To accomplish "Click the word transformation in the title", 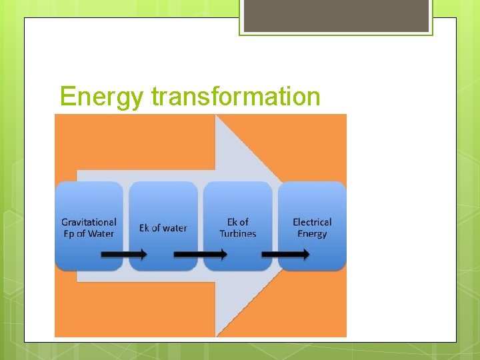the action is pyautogui.click(x=236, y=96).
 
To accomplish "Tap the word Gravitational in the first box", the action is pyautogui.click(x=89, y=222).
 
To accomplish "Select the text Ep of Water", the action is pyautogui.click(x=88, y=233).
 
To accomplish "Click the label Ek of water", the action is pyautogui.click(x=163, y=228).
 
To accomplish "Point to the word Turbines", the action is pyautogui.click(x=238, y=233).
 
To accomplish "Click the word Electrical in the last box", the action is pyautogui.click(x=312, y=222).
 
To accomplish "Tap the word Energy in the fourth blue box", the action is pyautogui.click(x=312, y=233).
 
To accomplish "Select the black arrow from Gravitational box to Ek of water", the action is pyautogui.click(x=124, y=254).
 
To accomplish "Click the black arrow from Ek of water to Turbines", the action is pyautogui.click(x=200, y=254).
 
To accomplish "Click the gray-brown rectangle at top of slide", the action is pyautogui.click(x=336, y=16).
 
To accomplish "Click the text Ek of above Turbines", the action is pyautogui.click(x=238, y=222).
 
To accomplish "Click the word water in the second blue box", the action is pyautogui.click(x=174, y=228).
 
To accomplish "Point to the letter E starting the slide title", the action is pyautogui.click(x=66, y=97).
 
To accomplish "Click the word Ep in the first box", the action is pyautogui.click(x=69, y=234).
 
